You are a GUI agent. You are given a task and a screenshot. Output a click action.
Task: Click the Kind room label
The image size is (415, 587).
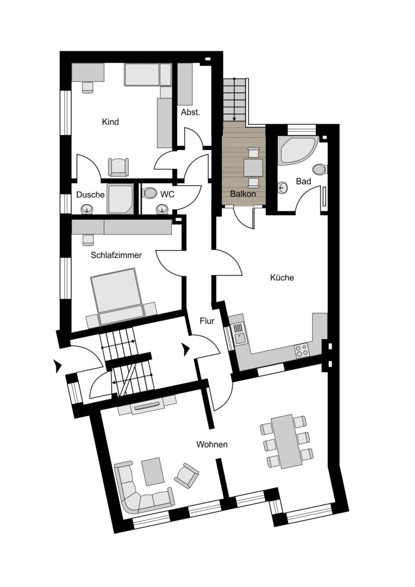pos(110,122)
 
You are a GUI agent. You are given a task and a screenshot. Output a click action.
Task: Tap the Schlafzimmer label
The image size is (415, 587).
pos(116,255)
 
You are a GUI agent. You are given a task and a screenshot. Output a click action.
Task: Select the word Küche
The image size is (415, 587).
pos(282,278)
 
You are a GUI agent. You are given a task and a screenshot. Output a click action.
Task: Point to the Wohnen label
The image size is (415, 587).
pos(212,445)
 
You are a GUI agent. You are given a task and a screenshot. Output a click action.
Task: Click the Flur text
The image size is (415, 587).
pos(207,321)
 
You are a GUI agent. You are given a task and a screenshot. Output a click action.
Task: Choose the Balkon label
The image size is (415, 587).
pos(243,194)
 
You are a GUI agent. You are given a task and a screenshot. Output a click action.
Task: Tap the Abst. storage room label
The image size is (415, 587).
pos(191,112)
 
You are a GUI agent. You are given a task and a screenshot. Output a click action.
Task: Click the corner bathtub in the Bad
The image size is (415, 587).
pos(298,150)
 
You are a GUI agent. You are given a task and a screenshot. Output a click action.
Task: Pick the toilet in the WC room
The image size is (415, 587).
pos(150,193)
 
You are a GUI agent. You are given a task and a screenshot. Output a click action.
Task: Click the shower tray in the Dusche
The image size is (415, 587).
pos(120,198)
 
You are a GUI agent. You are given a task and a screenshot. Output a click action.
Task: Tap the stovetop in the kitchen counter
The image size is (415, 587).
pos(302,351)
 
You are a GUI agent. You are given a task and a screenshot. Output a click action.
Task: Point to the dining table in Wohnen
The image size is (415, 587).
pos(287,441)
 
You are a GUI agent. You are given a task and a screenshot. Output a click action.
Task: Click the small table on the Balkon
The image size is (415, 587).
pos(253,168)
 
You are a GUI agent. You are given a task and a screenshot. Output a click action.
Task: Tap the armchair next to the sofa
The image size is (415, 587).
pos(186,475)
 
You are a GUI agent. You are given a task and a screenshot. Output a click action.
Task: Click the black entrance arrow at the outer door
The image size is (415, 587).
pos(58,367)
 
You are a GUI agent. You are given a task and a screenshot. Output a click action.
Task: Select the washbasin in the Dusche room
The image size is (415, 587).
pos(88,208)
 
